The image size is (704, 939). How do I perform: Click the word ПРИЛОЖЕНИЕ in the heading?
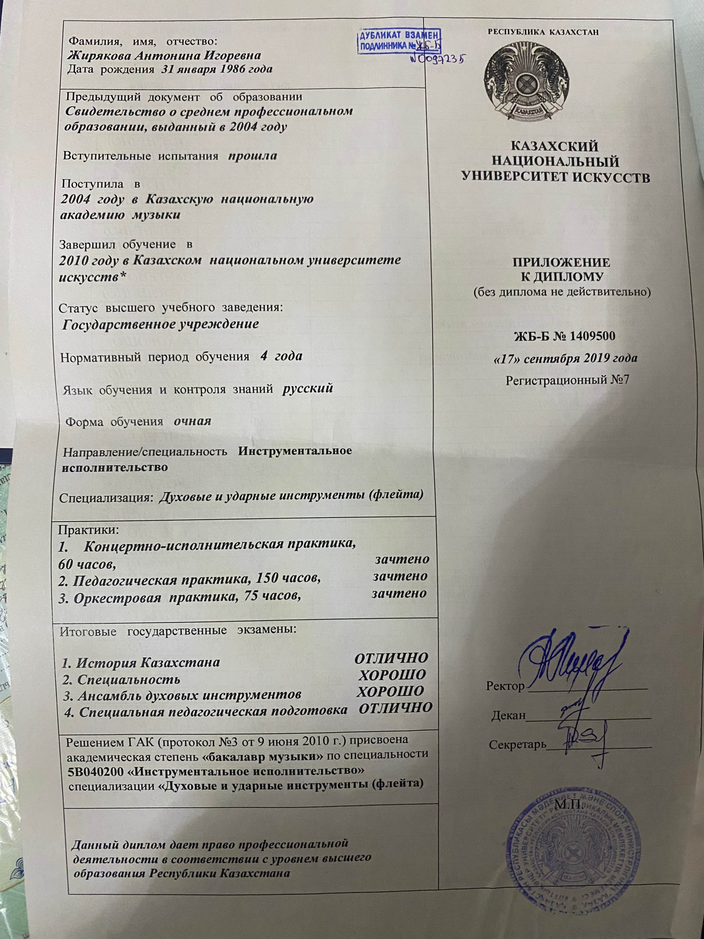pyautogui.click(x=561, y=262)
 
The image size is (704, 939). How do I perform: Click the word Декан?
pyautogui.click(x=508, y=716)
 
